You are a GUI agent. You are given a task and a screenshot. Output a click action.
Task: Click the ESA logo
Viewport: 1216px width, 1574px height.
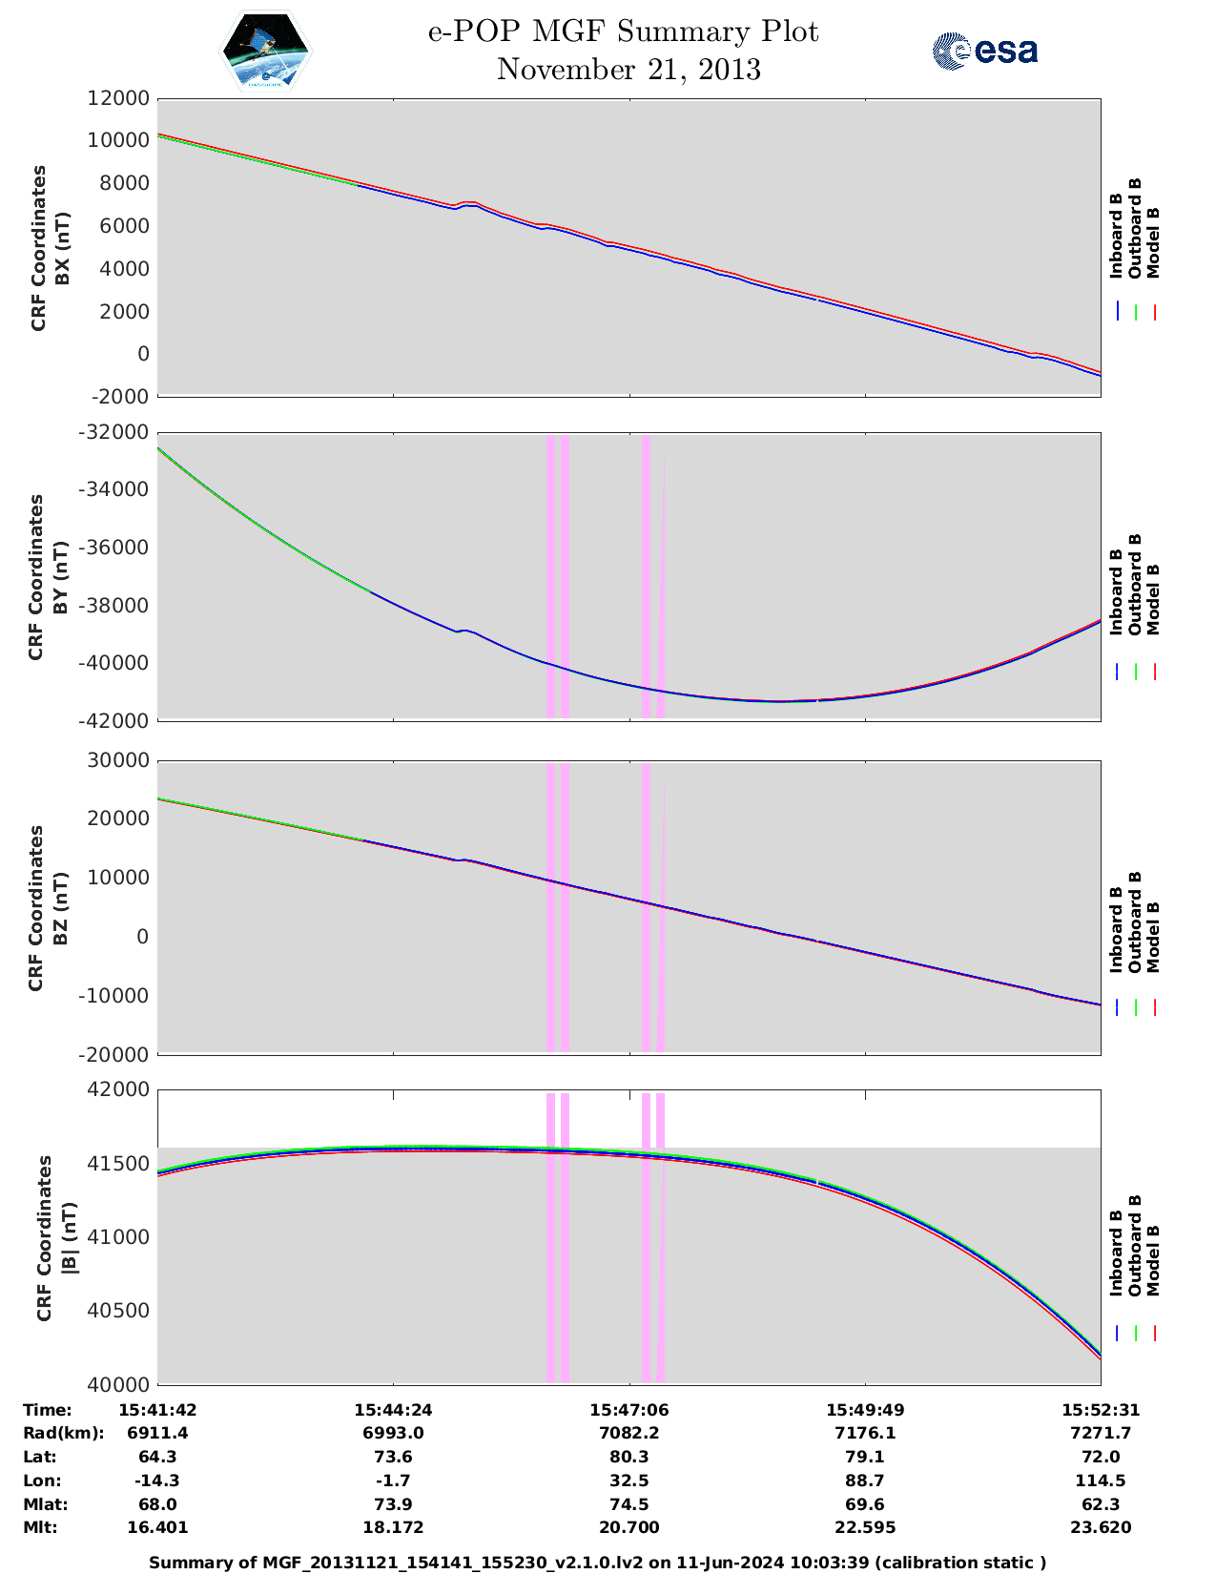(x=985, y=51)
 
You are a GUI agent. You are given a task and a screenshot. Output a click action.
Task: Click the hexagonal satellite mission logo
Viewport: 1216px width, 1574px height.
(x=266, y=51)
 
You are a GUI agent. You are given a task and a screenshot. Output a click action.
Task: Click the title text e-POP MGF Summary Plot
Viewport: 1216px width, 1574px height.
(x=623, y=32)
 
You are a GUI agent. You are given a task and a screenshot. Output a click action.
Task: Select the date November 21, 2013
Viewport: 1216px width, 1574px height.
(x=629, y=70)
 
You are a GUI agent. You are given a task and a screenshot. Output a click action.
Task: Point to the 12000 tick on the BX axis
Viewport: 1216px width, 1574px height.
(x=118, y=98)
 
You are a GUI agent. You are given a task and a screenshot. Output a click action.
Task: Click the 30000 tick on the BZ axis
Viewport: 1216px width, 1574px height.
(x=118, y=760)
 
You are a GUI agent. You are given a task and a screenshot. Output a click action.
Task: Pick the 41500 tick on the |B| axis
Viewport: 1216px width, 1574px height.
(x=118, y=1164)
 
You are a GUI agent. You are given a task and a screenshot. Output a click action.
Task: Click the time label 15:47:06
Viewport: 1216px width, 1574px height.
(x=629, y=1410)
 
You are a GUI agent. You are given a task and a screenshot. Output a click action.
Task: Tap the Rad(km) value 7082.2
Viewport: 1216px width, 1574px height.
(x=629, y=1433)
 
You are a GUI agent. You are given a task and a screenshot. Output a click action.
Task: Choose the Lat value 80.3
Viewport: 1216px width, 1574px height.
(x=629, y=1457)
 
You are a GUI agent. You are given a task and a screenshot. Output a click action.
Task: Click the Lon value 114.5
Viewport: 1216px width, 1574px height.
(x=1101, y=1481)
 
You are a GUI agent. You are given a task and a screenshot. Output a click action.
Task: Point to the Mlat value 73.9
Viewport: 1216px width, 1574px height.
(x=393, y=1504)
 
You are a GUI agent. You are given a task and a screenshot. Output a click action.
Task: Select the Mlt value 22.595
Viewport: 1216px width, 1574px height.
(x=865, y=1527)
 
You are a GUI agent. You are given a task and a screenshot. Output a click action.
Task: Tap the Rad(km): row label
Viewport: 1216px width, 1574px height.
(x=64, y=1433)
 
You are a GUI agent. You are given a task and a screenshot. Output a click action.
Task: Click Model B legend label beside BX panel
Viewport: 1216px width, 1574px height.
(x=1152, y=242)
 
